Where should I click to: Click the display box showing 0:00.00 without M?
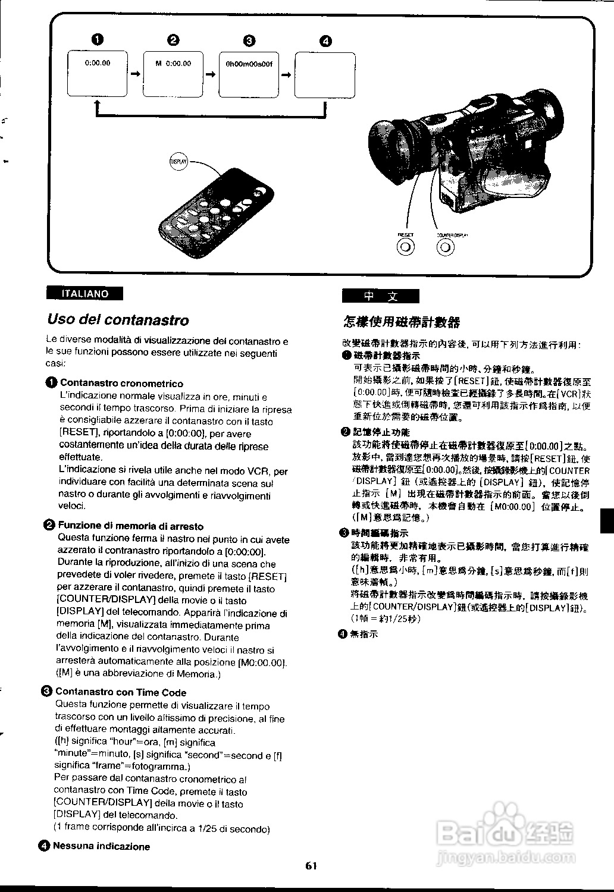coord(98,74)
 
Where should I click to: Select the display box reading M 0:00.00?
coord(173,74)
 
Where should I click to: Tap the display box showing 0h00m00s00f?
coord(249,74)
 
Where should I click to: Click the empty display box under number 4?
coord(325,75)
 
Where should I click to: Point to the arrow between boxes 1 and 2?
coord(136,74)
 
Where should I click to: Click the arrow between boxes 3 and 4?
coord(287,75)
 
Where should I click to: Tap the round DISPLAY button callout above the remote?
coord(178,161)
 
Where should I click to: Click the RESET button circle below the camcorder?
coord(406,248)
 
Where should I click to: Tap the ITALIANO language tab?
coord(85,293)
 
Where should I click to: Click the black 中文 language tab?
coord(380,296)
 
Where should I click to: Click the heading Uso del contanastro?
coord(118,320)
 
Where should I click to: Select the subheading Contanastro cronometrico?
coord(121,384)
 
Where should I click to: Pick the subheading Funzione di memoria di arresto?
coord(130,526)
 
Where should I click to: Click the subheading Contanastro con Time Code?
coord(121,692)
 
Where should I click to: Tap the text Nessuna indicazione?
coord(101,846)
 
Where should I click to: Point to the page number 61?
coord(311,866)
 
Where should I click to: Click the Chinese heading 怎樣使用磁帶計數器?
coord(402,322)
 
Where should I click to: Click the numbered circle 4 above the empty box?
coord(325,41)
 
